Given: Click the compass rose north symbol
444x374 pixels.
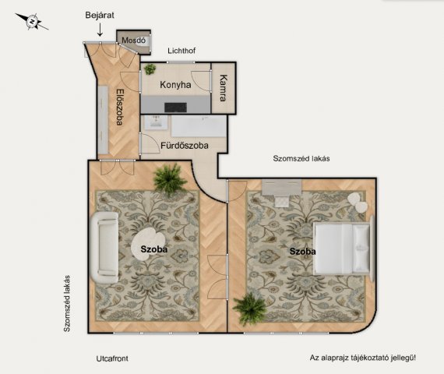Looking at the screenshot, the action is click(x=32, y=22).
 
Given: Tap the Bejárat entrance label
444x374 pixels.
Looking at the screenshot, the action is click(x=100, y=15).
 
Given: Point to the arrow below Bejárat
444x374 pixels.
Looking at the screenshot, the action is click(x=100, y=30).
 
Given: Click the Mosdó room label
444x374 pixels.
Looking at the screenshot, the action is click(x=134, y=41).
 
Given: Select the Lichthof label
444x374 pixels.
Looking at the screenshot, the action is click(x=181, y=51).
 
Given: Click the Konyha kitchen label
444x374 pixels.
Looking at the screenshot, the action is click(x=175, y=85).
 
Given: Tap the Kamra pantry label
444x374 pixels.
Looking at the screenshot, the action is click(x=224, y=88).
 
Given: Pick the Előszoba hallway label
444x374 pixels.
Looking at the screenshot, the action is click(x=120, y=107).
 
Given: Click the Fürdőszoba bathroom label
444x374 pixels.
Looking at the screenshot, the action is click(x=185, y=146).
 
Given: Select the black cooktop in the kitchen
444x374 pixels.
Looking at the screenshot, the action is click(x=175, y=108).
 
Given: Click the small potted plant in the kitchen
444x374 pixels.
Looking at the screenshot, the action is click(x=150, y=69).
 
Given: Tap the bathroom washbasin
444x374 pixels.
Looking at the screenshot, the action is click(x=156, y=122).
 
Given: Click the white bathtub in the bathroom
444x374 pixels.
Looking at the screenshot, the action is click(x=199, y=126).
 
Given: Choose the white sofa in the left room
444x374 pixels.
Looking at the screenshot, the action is click(x=104, y=247).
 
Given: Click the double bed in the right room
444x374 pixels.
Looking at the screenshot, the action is click(x=344, y=249).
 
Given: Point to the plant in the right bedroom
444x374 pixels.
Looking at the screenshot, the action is click(x=250, y=309).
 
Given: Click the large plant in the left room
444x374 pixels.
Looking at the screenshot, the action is click(x=170, y=178).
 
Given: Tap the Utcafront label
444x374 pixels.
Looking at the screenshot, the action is click(x=112, y=358).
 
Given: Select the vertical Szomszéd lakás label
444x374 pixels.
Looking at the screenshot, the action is click(x=66, y=303).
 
